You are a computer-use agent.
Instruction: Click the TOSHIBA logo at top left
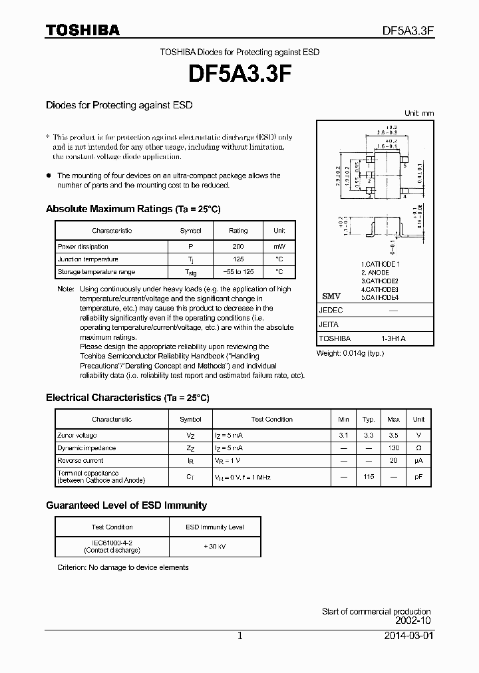pos(82,30)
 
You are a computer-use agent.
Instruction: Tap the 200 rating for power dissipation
pos(238,246)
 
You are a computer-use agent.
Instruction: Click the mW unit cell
pos(279,246)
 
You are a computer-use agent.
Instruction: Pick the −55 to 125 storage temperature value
pos(238,272)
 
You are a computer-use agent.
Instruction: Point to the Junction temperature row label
pos(88,259)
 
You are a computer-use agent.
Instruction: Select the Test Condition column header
pos(271,420)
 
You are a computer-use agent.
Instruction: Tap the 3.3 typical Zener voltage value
pos(369,435)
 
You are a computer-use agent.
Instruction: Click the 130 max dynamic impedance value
pos(393,448)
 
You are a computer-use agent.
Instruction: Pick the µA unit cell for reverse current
pos(418,461)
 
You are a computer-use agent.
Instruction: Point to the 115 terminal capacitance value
pos(369,476)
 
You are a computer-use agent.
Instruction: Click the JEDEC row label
pos(331,311)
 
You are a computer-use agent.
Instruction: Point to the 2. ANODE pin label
pos(377,273)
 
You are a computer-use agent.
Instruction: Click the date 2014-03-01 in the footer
pos(408,636)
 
